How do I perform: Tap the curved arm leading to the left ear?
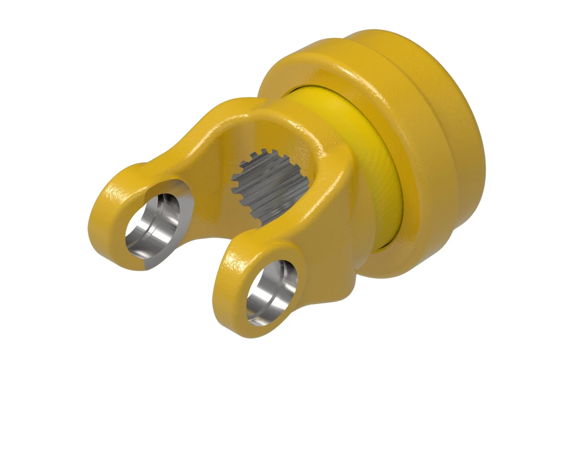191,137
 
